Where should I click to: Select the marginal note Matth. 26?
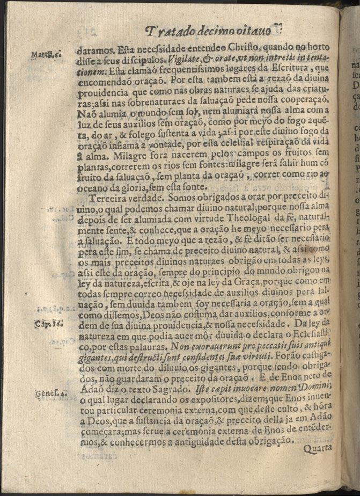(x=46, y=55)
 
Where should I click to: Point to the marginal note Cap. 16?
(x=47, y=324)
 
